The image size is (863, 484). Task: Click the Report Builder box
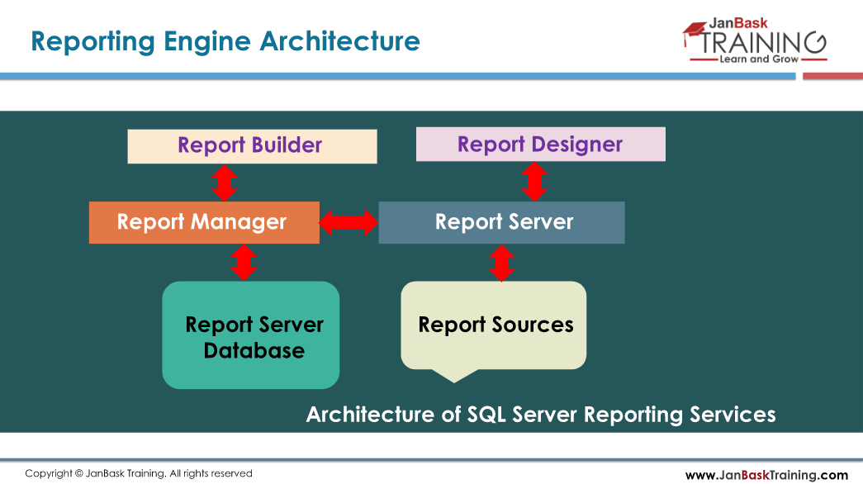pyautogui.click(x=252, y=146)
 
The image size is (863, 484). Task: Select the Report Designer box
pyautogui.click(x=540, y=145)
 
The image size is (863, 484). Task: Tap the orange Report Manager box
pyautogui.click(x=203, y=222)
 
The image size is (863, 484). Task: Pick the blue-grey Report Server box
pyautogui.click(x=501, y=222)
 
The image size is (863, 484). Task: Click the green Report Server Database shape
pyautogui.click(x=251, y=335)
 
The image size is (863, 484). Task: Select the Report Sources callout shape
pyautogui.click(x=494, y=325)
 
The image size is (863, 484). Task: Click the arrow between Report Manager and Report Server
pyautogui.click(x=349, y=221)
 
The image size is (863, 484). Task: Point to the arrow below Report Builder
pyautogui.click(x=225, y=183)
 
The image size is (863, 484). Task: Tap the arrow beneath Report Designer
pyautogui.click(x=535, y=181)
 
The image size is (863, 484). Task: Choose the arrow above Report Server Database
pyautogui.click(x=243, y=263)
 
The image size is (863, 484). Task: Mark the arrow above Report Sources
pyautogui.click(x=501, y=263)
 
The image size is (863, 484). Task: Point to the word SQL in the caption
pyautogui.click(x=486, y=414)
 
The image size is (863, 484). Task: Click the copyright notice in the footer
pyautogui.click(x=138, y=473)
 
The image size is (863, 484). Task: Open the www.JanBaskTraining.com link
pyautogui.click(x=766, y=475)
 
